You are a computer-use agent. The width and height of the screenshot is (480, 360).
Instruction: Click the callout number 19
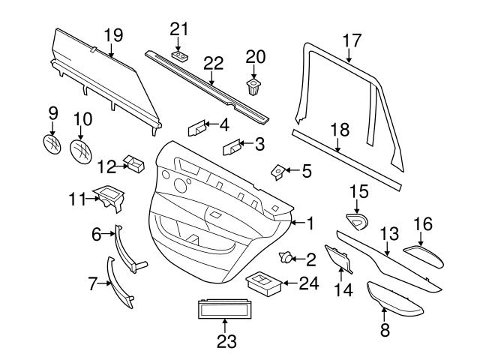pyautogui.click(x=112, y=34)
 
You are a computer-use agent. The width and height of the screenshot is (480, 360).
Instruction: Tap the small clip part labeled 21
pyautogui.click(x=179, y=55)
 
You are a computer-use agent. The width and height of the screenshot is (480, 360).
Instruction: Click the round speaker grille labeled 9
pyautogui.click(x=53, y=142)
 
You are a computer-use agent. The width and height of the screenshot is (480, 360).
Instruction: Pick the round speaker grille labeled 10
pyautogui.click(x=81, y=147)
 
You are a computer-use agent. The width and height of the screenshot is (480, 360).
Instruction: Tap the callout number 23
pyautogui.click(x=226, y=342)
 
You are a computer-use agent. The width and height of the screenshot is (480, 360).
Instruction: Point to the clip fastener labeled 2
pyautogui.click(x=286, y=259)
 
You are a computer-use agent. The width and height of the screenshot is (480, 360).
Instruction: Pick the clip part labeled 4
pyautogui.click(x=197, y=128)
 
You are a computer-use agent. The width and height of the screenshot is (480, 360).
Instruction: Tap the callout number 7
pyautogui.click(x=93, y=284)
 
